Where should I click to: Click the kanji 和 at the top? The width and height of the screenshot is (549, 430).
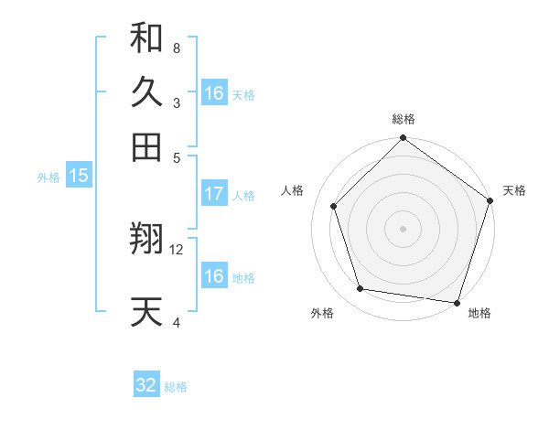(x=147, y=38)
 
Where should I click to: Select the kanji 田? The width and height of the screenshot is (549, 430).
(x=147, y=146)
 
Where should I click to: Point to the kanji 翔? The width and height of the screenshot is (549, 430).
(x=147, y=240)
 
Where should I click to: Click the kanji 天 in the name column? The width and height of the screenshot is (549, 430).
(x=147, y=311)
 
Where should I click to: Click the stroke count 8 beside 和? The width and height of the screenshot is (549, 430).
(x=176, y=48)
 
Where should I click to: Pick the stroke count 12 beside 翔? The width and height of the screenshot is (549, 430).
(x=177, y=250)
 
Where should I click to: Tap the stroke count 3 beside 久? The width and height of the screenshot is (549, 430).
(x=176, y=102)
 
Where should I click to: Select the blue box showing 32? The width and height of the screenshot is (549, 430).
(x=146, y=385)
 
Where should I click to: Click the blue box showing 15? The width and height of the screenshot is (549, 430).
(x=79, y=177)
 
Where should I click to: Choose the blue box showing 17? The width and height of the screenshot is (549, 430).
(x=214, y=194)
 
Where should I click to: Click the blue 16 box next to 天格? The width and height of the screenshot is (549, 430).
(x=214, y=93)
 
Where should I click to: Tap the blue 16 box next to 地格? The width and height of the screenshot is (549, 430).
(x=214, y=276)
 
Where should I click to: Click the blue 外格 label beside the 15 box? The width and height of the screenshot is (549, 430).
(x=48, y=177)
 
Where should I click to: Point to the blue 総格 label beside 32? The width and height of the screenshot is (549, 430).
(x=176, y=387)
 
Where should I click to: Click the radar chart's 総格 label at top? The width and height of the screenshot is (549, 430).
(x=404, y=119)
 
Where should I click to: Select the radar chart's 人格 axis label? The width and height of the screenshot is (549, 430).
(x=293, y=190)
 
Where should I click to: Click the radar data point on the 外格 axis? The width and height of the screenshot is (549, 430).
(x=361, y=289)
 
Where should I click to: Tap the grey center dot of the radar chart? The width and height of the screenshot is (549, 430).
(x=404, y=228)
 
